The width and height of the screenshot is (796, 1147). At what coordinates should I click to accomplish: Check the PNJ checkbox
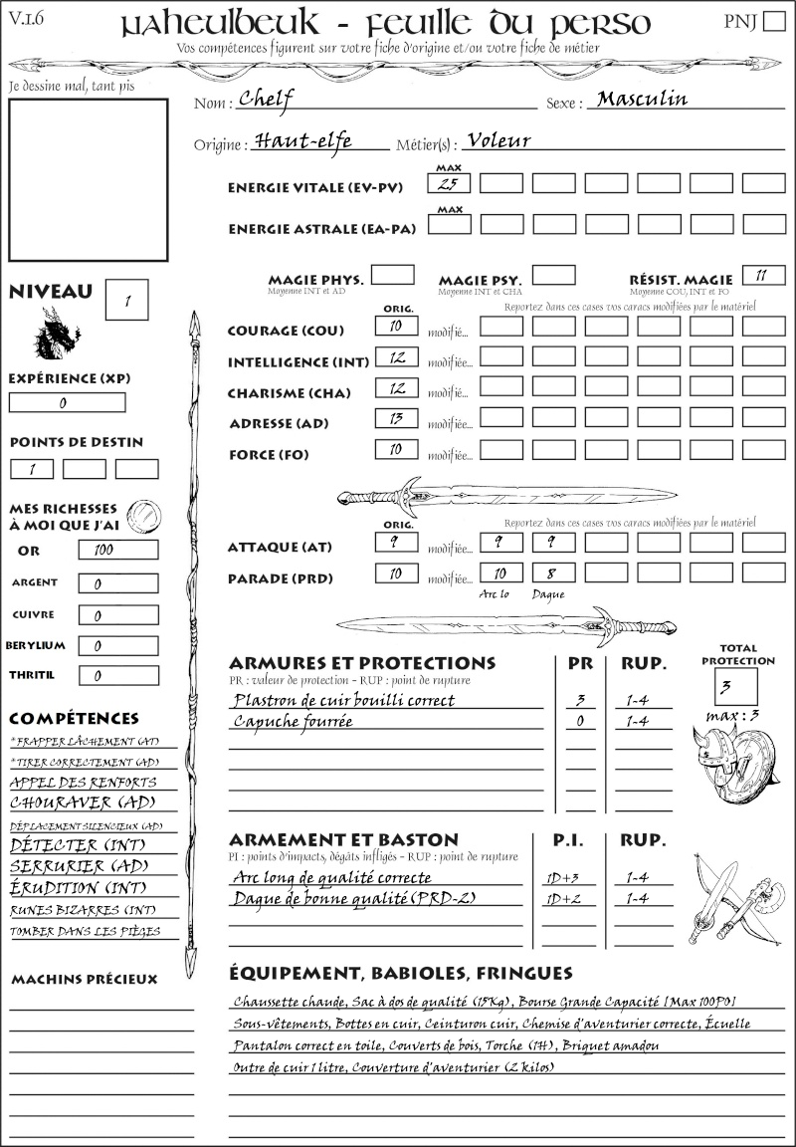pos(773,22)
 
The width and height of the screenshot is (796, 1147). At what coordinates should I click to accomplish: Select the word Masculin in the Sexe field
pos(642,99)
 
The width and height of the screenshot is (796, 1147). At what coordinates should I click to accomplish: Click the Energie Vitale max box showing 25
pos(449,184)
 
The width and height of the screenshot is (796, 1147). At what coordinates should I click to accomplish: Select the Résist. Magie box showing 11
pos(763,275)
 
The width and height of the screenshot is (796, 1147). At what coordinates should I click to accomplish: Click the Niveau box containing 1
pos(128,298)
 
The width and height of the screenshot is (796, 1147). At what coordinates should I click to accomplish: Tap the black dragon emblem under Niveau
pos(57,334)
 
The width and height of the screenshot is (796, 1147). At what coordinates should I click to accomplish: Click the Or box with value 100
pos(117,550)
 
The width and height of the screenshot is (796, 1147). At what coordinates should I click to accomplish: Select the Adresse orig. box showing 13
pos(395,419)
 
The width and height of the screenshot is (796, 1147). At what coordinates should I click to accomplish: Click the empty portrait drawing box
pos(87,178)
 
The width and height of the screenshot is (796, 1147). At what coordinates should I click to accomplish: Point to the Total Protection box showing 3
pos(735,685)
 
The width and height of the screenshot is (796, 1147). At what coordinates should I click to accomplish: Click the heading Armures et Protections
pos(361,663)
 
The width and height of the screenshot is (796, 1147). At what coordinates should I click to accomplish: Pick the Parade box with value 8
pos(552,573)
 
